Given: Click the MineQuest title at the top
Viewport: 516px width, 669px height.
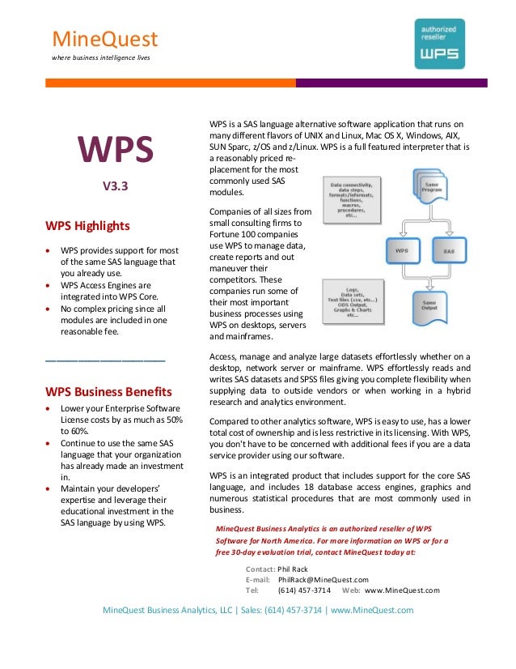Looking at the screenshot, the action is (104, 39).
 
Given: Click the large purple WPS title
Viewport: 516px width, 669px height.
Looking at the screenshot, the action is (115, 151).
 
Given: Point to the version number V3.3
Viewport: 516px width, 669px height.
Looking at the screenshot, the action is (115, 185).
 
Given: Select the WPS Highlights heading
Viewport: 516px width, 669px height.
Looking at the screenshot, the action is (87, 225).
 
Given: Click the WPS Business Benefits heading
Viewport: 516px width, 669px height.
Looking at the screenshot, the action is (108, 390).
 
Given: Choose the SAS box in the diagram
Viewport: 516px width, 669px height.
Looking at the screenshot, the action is (450, 251).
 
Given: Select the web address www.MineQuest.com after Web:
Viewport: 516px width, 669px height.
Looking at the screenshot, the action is (402, 590).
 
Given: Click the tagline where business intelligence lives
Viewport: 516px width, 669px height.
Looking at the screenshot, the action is (100, 58).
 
